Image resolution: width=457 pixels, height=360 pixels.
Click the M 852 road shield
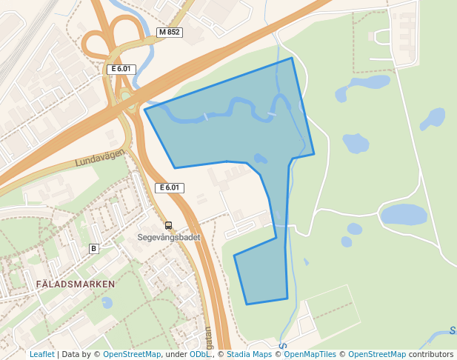point(169,33)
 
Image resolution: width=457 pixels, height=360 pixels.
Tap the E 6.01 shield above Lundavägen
point(121,69)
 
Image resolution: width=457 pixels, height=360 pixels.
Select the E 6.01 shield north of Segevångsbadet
point(169,187)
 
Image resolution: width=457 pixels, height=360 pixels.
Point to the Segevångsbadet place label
point(168,238)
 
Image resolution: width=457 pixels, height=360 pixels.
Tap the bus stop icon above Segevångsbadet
point(168,225)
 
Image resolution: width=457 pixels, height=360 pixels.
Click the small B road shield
point(93,247)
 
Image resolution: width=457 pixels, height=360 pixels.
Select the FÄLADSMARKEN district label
point(75,284)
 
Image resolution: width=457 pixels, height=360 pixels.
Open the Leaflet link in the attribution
point(41,354)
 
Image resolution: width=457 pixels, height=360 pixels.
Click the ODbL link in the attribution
point(200,354)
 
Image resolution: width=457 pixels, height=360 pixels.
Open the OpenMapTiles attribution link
point(312,354)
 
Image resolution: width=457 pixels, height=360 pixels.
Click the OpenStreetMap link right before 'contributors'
point(376,354)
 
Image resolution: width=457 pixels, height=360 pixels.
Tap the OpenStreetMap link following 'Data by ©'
point(132,354)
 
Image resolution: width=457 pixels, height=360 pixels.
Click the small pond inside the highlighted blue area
point(260,158)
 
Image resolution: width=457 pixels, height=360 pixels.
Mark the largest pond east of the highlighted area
point(404,215)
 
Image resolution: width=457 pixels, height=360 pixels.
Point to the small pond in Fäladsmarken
point(107,302)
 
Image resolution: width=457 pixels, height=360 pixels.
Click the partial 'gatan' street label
point(208,338)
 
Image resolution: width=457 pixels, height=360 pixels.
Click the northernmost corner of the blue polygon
point(292,58)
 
